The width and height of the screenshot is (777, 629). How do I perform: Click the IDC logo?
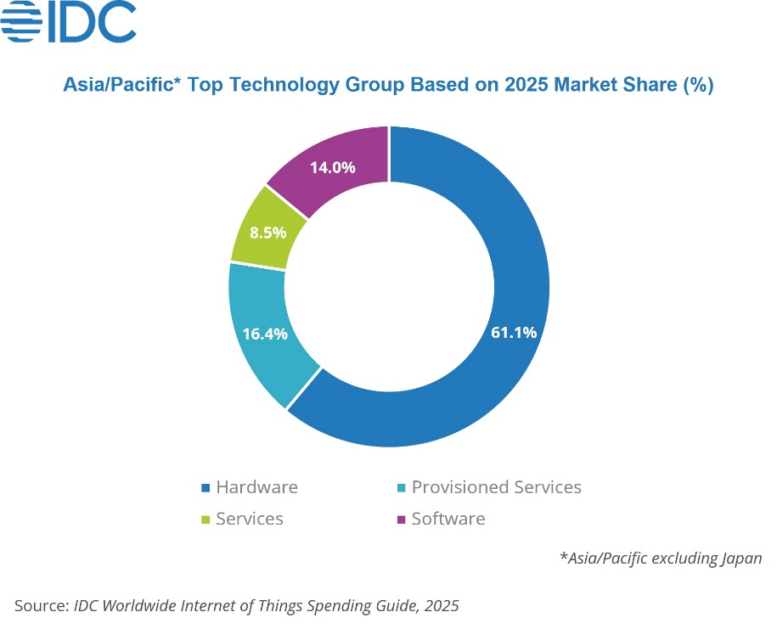coord(69,22)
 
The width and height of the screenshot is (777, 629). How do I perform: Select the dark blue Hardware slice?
coord(476,399)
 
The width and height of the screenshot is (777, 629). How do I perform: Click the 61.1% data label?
coord(514,333)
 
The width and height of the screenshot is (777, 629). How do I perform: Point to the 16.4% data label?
coord(265,334)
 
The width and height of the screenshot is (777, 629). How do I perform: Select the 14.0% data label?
coord(332,167)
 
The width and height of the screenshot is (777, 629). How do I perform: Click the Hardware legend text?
coord(256,487)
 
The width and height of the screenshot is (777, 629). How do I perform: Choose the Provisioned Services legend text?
coord(497,487)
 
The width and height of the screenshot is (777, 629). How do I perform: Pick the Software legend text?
coord(448,519)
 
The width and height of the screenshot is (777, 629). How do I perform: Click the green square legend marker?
coord(205,519)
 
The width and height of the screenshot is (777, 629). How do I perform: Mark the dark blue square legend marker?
coord(205,488)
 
